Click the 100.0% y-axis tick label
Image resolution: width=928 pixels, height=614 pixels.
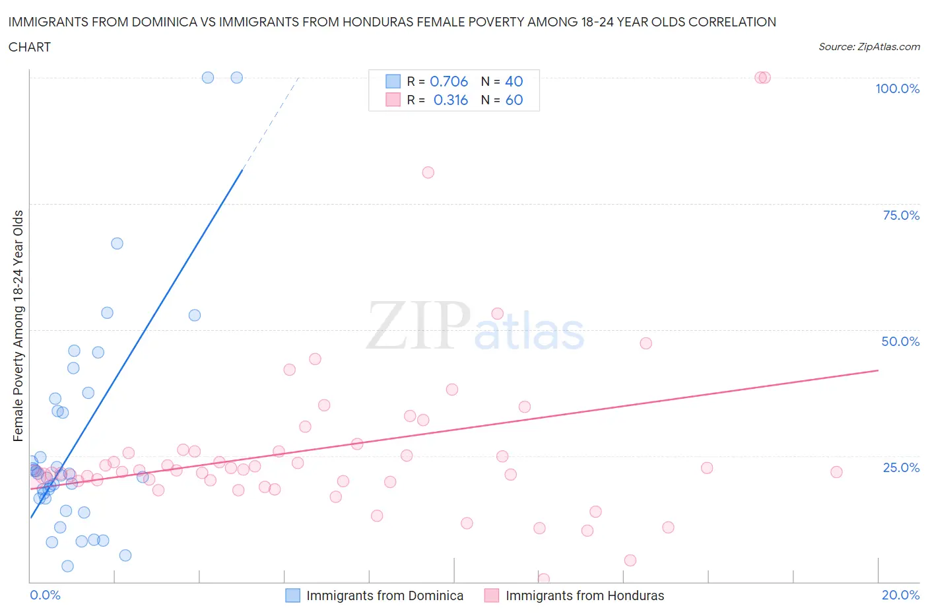point(897,88)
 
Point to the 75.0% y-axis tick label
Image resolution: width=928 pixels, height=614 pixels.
point(901,215)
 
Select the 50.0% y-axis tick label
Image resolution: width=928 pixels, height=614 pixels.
point(900,341)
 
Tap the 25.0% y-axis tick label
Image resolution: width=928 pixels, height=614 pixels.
point(901,467)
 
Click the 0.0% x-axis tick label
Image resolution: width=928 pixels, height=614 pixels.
point(45,595)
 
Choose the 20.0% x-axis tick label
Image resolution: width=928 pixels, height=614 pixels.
point(900,595)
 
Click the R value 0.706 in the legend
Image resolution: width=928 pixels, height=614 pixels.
point(449,81)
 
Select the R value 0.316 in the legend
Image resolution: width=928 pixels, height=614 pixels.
point(450,100)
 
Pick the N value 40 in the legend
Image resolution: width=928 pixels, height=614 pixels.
point(514,81)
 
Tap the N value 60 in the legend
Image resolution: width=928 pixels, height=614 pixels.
point(514,100)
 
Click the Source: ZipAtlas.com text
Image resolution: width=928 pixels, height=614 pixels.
point(869,47)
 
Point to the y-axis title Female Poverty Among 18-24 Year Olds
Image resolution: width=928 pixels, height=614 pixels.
point(18,325)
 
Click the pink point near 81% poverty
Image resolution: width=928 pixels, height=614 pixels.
point(428,172)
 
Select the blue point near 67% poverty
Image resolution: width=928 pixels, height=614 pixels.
point(117,243)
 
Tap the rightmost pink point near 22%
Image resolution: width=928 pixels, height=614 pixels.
point(836,471)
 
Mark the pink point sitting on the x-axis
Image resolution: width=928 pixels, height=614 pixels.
point(544,579)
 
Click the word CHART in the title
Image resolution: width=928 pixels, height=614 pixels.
point(30,47)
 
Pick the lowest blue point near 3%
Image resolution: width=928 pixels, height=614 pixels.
point(67,566)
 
